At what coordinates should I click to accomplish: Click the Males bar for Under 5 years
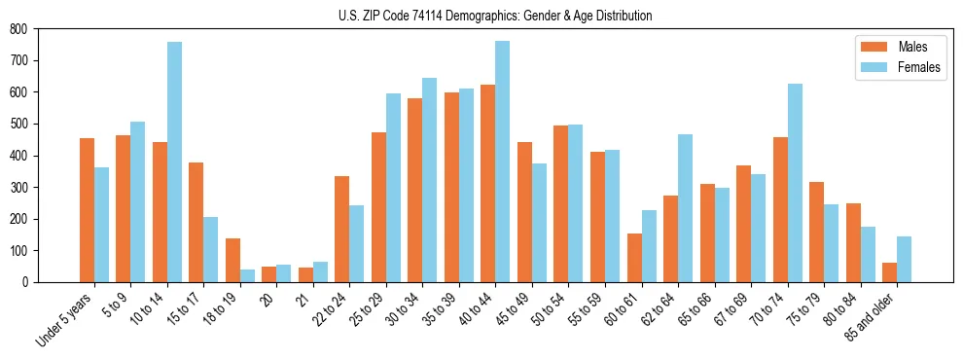coord(87,210)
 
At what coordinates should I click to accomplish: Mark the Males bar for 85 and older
coord(889,272)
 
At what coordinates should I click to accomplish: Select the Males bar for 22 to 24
coord(342,229)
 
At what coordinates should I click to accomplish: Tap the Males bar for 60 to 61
coord(634,258)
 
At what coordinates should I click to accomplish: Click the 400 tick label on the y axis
coord(18,156)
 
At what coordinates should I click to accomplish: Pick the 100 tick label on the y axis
coord(18,251)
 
